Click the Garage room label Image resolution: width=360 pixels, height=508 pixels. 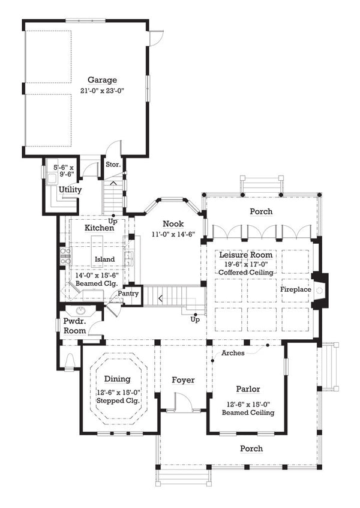[102, 80]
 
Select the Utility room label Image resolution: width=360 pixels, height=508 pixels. [70, 190]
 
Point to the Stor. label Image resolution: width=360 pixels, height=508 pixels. [113, 164]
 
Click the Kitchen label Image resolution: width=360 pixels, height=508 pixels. [99, 228]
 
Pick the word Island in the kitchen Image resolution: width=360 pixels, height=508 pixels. [104, 259]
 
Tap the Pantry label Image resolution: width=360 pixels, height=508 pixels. [128, 294]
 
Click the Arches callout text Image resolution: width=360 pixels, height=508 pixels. [233, 354]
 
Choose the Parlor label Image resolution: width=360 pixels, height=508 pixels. [247, 390]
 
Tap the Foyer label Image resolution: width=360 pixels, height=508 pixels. [182, 380]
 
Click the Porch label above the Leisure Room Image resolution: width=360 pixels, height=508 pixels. [261, 211]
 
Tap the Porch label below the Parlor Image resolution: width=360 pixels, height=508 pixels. [251, 449]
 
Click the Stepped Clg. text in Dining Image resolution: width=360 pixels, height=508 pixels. [119, 400]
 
